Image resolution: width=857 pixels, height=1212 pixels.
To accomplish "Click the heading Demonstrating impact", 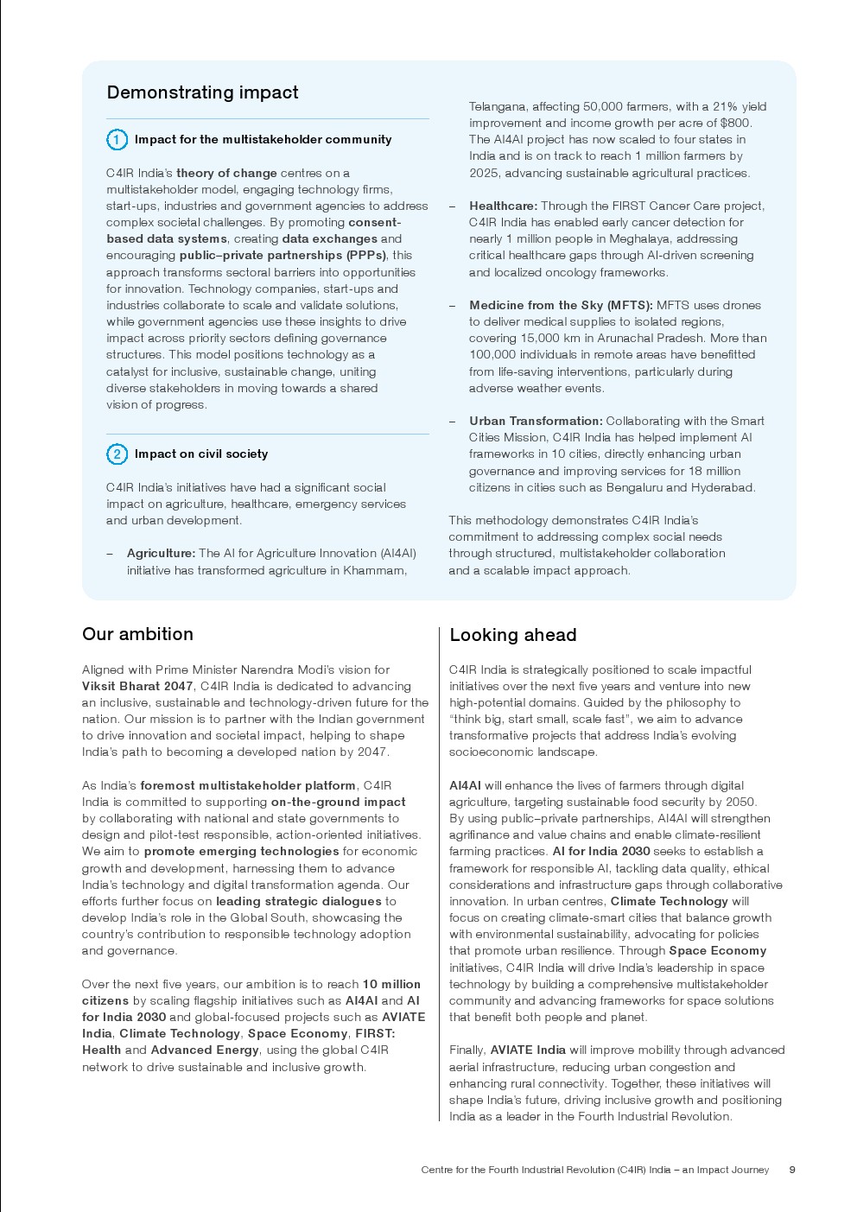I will coord(202,92).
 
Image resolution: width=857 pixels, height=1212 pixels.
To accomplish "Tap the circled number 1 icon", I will coord(117,139).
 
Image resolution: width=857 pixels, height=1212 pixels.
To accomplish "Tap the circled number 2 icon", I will coord(117,454).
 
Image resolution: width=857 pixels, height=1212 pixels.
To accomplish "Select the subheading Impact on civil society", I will coord(200,454).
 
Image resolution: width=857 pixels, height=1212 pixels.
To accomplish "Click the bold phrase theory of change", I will coord(226,173).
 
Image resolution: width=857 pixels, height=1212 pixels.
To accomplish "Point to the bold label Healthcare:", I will coord(503,206).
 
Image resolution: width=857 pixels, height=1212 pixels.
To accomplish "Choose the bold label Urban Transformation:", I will coord(536,421).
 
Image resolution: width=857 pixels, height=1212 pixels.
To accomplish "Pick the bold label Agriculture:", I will coord(161,553).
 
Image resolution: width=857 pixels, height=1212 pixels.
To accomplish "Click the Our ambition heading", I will coord(137,634).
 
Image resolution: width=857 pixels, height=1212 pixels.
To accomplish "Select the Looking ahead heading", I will coord(512,635).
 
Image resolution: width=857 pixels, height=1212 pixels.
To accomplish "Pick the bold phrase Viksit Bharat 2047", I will coord(137,686).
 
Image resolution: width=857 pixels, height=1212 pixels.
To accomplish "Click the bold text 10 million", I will coord(391,984).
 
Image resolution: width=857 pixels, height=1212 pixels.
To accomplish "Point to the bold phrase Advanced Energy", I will coord(205,1050).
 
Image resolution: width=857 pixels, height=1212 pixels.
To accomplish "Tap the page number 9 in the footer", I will coord(792,1170).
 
